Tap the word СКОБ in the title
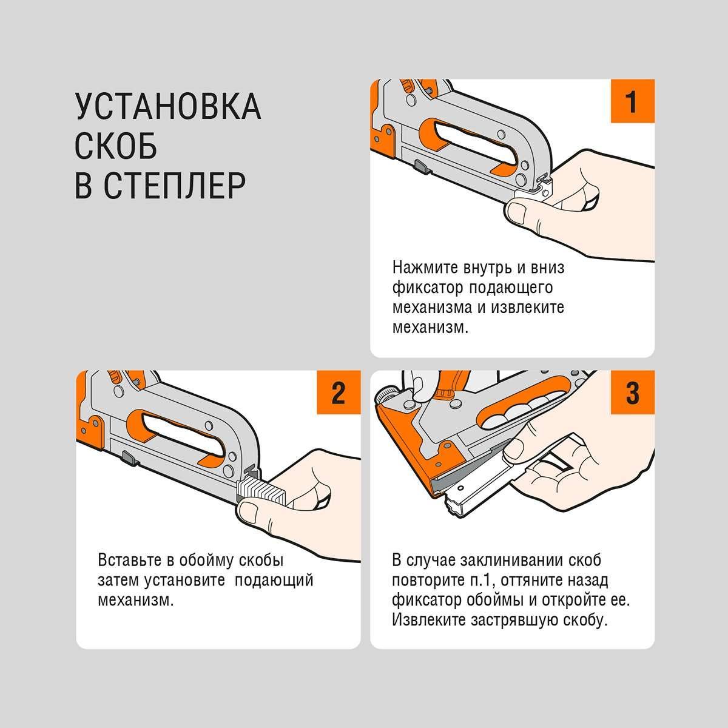[x=116, y=146]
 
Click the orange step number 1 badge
[x=632, y=101]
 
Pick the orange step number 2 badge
[x=339, y=392]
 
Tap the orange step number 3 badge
[x=632, y=392]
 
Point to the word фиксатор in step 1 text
[x=427, y=288]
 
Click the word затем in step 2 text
[x=118, y=581]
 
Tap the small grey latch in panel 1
[x=422, y=166]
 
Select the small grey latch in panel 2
[x=130, y=459]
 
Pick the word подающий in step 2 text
[x=274, y=581]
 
